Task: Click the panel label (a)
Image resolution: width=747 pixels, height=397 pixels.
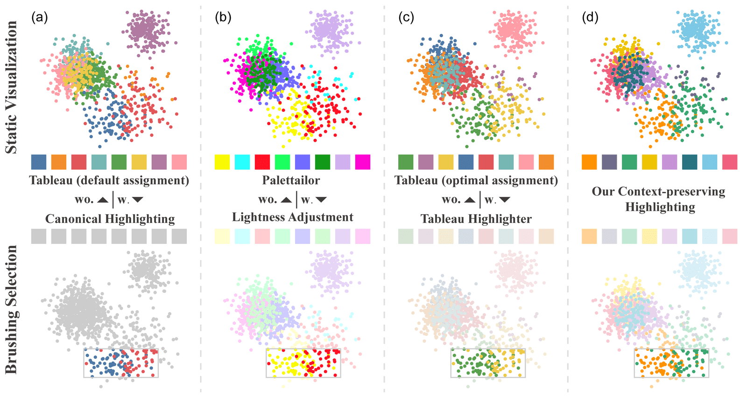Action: click(x=39, y=18)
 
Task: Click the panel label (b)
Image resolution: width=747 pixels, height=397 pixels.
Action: click(x=223, y=18)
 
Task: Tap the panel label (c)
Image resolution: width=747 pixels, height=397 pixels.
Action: click(x=406, y=18)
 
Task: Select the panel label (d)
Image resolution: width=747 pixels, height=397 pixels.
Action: click(x=590, y=18)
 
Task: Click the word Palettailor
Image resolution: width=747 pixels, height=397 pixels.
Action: click(x=291, y=180)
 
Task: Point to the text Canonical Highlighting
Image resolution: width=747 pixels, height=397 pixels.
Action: click(x=110, y=219)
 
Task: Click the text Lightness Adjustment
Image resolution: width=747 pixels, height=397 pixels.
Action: click(x=293, y=217)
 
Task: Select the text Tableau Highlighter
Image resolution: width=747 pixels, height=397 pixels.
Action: click(x=476, y=219)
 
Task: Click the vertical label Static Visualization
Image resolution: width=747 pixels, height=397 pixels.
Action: click(x=11, y=87)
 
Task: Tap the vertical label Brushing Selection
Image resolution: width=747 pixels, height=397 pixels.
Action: click(x=11, y=310)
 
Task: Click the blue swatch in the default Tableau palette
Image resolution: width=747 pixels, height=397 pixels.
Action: click(x=39, y=162)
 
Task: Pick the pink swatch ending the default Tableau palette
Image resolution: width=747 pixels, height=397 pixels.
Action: click(x=179, y=162)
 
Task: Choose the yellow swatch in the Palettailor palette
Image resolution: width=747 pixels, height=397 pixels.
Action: click(x=222, y=162)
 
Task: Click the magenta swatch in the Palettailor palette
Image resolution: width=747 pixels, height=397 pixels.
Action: click(x=363, y=162)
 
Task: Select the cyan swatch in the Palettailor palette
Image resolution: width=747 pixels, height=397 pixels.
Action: click(x=242, y=162)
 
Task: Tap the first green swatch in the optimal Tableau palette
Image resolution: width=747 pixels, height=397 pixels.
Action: click(x=406, y=162)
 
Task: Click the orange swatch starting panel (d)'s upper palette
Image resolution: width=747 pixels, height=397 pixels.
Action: click(x=589, y=162)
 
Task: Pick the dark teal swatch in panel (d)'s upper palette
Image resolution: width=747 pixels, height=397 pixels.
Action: click(x=690, y=162)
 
